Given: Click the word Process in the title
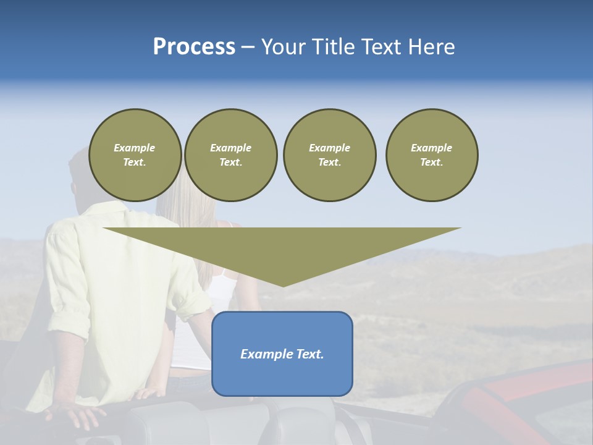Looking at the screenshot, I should tap(194, 47).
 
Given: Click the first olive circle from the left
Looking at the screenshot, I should tap(135, 155).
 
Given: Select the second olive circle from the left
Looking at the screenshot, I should tap(231, 155).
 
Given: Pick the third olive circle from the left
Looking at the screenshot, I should tap(329, 155).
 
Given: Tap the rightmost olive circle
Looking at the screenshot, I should tap(432, 155).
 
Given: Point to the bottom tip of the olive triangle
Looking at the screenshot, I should tap(284, 286).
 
